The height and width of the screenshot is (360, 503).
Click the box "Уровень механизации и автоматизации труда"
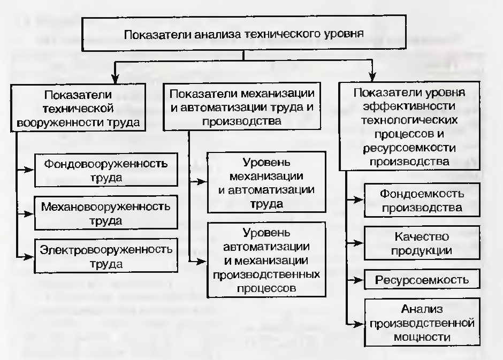[x=266, y=183]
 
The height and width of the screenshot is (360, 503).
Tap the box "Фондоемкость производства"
[x=422, y=200]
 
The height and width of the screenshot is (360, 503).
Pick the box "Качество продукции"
[x=422, y=243]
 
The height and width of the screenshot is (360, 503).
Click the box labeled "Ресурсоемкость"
[x=422, y=279]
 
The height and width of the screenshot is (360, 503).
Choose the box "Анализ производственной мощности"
[x=422, y=323]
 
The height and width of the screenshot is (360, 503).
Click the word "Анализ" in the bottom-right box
[x=422, y=309]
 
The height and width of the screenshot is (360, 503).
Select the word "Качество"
[x=422, y=236]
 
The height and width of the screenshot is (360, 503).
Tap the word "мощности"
[x=422, y=336]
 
